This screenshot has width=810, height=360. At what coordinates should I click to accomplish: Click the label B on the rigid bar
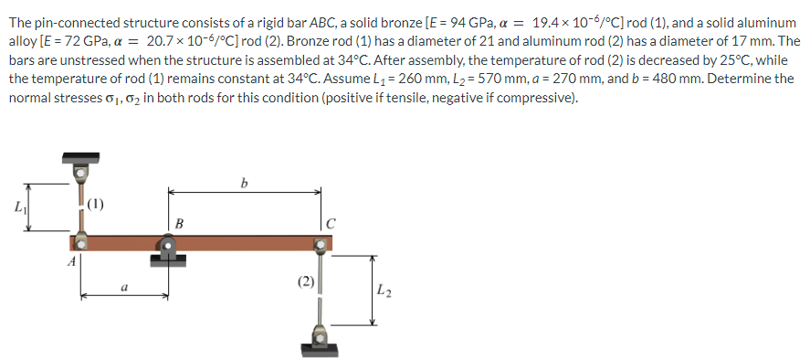click(x=179, y=222)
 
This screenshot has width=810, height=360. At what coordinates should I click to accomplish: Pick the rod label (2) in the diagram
click(x=306, y=281)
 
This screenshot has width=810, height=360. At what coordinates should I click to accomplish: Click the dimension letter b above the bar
click(x=243, y=182)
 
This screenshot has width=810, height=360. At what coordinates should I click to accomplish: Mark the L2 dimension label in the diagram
click(x=384, y=291)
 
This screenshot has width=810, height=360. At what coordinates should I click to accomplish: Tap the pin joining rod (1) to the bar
click(x=81, y=241)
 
